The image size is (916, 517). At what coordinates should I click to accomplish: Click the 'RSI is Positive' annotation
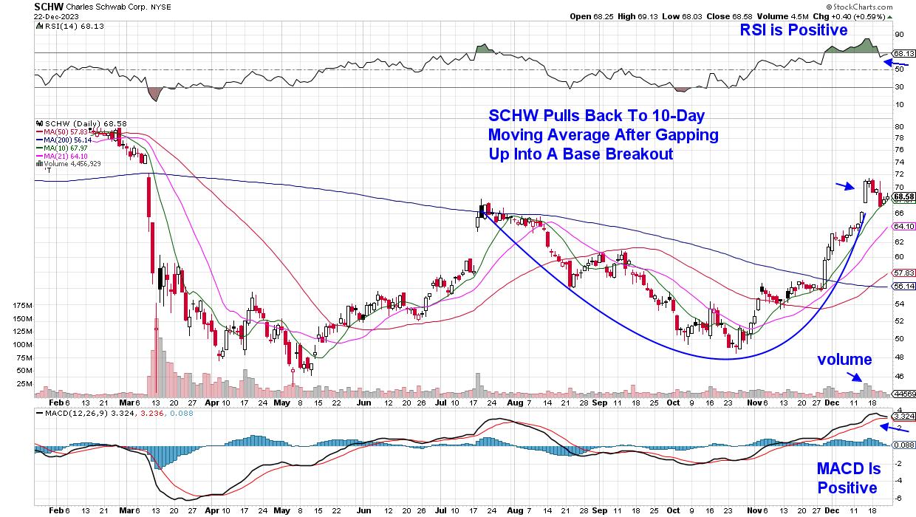click(x=793, y=30)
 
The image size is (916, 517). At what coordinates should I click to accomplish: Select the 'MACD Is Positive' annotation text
click(x=847, y=479)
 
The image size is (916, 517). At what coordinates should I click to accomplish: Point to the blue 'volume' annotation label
click(x=844, y=360)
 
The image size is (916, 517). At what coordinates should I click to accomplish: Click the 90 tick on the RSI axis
click(x=899, y=34)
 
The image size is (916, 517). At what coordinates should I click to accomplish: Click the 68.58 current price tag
click(x=903, y=197)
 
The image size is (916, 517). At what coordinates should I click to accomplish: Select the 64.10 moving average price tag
click(x=903, y=227)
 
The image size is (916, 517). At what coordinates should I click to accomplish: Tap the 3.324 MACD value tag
click(x=903, y=417)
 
